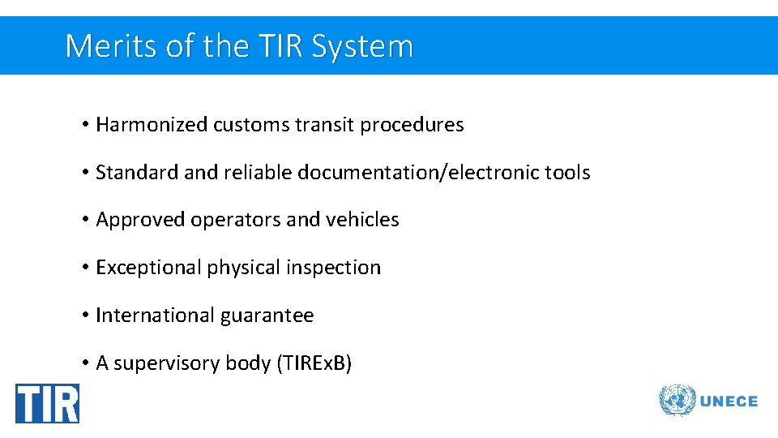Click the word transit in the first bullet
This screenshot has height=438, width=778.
pos(324,125)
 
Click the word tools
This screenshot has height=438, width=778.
pos(569,173)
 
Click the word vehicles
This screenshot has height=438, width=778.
pos(362,220)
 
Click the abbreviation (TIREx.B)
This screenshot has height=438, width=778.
pos(314,363)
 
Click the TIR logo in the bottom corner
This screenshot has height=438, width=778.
pos(47,403)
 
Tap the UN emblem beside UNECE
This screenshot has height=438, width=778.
pos(677,401)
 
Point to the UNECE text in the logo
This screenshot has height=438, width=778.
pos(729,401)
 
